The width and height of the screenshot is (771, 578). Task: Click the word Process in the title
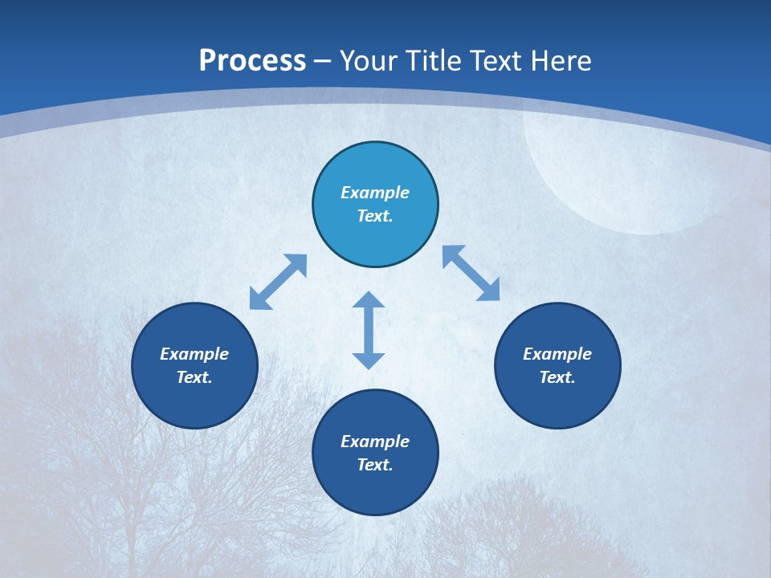252,61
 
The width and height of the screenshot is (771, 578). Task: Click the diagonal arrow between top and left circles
278,282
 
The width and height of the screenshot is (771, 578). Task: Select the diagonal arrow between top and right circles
471,273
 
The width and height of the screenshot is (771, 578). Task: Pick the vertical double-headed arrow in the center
369,330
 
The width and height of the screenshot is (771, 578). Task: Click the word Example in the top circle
375,193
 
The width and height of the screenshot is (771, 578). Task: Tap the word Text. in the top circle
375,216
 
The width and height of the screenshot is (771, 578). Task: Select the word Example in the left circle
194,354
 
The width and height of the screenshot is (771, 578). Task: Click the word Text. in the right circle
557,377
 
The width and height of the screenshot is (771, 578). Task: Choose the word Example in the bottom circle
375,442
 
